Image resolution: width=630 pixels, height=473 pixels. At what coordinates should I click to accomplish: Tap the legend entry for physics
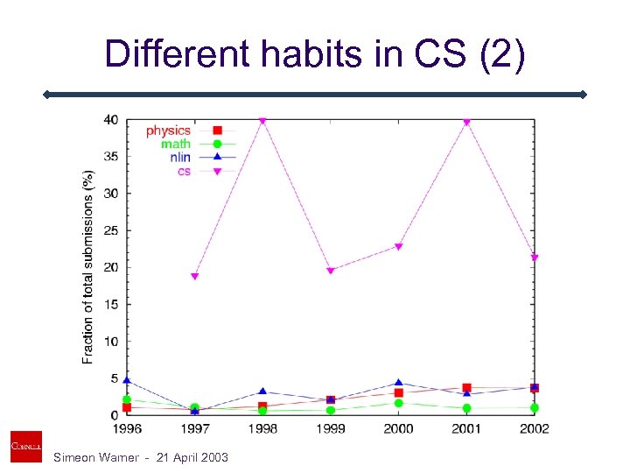[168, 131]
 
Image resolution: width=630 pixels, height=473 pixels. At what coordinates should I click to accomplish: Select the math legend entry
[175, 144]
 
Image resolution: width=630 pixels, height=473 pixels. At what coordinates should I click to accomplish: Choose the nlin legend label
[180, 158]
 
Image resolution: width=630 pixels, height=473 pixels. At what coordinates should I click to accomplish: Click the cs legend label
[184, 171]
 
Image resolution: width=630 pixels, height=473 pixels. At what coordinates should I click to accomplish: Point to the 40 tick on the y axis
[113, 120]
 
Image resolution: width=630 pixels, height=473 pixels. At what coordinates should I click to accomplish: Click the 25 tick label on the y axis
[113, 230]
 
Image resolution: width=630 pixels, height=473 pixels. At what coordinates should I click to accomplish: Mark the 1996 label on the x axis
[127, 428]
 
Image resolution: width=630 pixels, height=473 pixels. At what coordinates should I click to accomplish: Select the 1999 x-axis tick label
[331, 428]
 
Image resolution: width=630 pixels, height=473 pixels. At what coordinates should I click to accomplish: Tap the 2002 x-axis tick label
[534, 428]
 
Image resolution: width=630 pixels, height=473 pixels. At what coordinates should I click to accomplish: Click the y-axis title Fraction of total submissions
[88, 267]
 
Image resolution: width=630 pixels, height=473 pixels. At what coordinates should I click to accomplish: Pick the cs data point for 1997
[194, 276]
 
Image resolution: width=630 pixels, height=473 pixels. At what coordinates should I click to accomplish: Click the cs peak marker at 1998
[262, 121]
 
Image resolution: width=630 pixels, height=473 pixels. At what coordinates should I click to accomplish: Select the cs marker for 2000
[398, 247]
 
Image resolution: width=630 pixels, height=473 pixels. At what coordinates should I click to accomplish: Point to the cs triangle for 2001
[466, 123]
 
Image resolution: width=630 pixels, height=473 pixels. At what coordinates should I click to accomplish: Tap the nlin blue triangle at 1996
[127, 381]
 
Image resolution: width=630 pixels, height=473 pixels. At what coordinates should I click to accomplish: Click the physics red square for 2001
[466, 387]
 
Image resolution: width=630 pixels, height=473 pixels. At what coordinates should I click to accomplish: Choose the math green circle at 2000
[398, 403]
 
